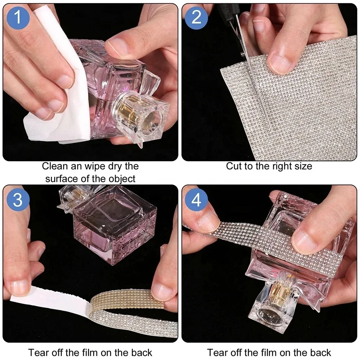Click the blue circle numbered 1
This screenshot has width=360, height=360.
18,17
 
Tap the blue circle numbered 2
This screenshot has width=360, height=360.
196,17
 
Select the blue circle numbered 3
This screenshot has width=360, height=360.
18,199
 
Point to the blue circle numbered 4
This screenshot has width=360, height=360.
196,199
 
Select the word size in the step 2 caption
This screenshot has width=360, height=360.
303,166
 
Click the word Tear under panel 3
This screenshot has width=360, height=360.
39,352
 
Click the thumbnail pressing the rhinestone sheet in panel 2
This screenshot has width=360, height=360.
280,63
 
